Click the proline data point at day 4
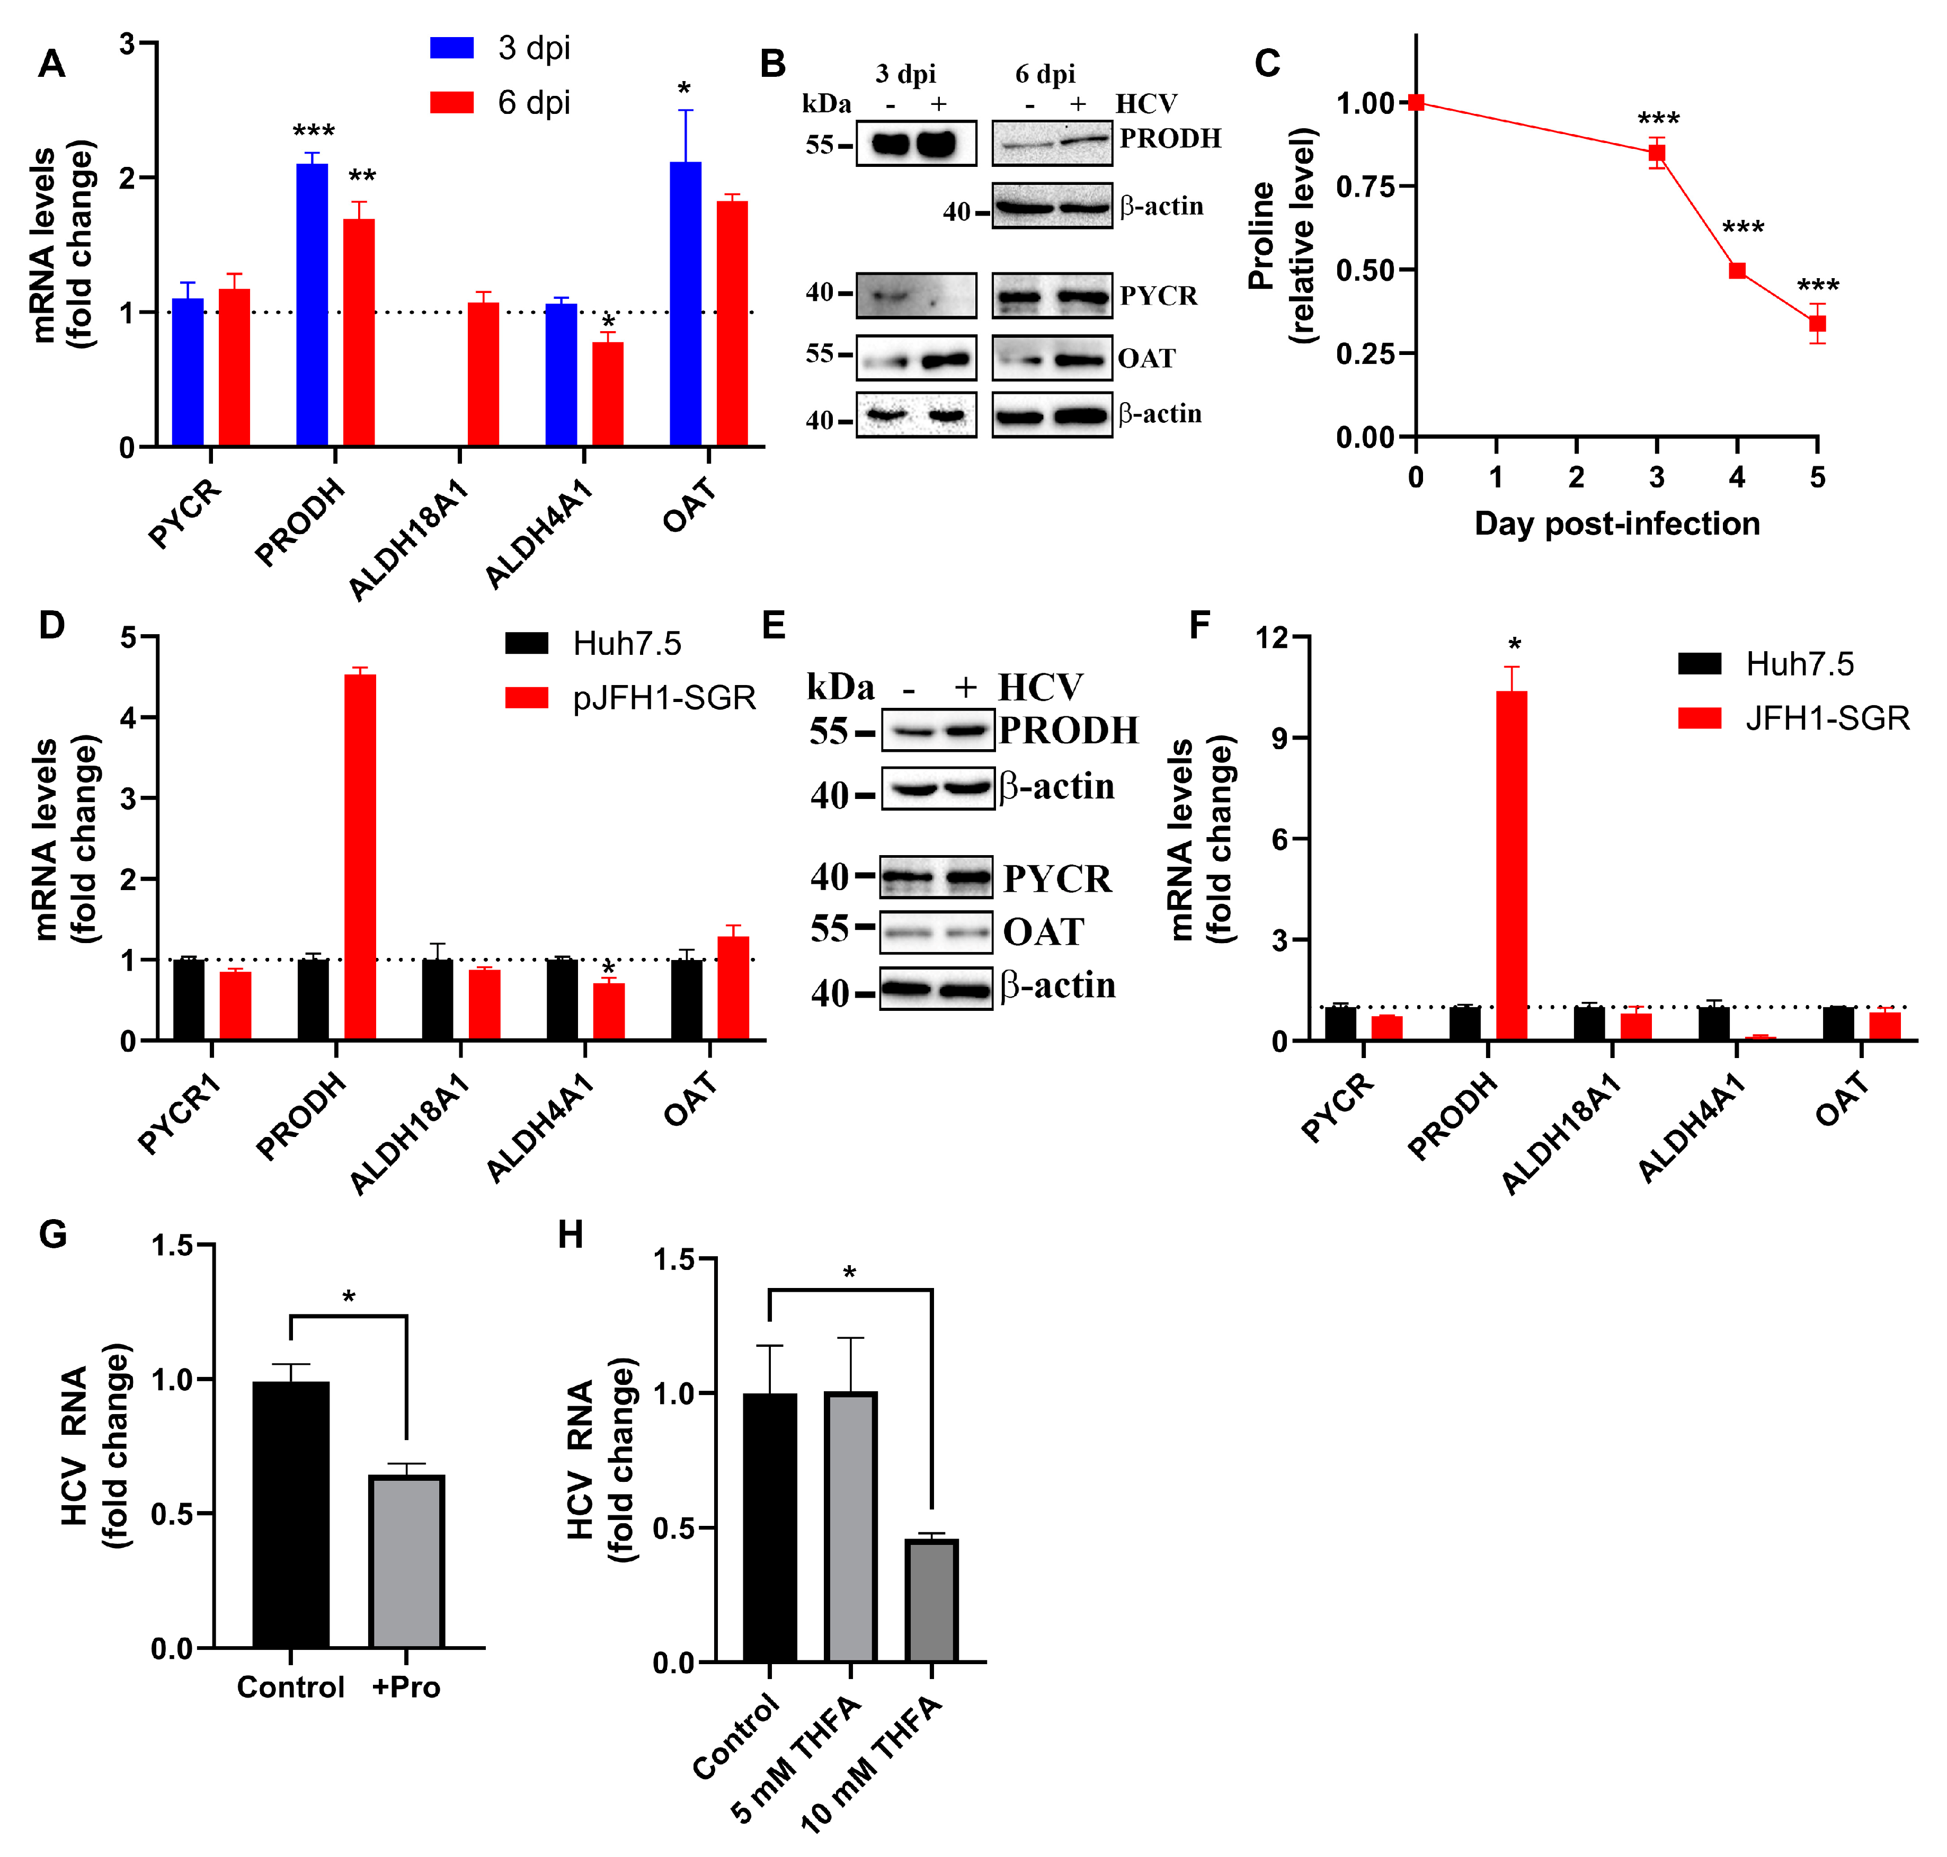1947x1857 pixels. pos(1737,270)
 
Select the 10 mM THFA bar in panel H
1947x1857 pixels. pos(931,1601)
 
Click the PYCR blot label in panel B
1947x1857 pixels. pos(1158,296)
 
